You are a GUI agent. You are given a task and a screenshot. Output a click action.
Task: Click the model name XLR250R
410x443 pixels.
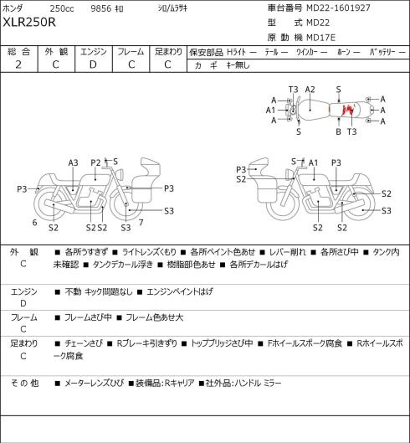(x=29, y=22)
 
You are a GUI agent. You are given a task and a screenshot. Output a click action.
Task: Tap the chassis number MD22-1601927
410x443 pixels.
(x=338, y=8)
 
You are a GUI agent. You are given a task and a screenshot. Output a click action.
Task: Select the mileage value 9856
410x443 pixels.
(x=101, y=8)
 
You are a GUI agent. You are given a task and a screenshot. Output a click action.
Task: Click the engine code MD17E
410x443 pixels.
(x=320, y=38)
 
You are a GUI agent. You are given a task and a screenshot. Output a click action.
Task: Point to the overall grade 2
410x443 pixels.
(x=18, y=64)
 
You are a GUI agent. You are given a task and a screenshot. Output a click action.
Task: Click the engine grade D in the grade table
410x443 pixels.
(x=93, y=64)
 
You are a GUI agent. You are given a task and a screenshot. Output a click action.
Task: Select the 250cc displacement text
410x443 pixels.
(x=62, y=8)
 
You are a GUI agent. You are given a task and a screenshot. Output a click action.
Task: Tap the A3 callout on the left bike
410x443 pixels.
(x=73, y=162)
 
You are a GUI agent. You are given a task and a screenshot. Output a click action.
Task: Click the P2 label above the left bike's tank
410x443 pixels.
(x=95, y=162)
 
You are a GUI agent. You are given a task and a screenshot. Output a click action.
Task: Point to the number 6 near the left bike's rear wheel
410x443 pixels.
(x=34, y=223)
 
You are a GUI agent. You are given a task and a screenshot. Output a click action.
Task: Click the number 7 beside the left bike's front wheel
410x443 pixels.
(x=141, y=223)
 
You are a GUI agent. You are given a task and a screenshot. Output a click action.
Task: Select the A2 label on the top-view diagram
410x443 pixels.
(x=310, y=90)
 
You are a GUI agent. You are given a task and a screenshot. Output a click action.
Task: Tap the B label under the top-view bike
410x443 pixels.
(x=338, y=131)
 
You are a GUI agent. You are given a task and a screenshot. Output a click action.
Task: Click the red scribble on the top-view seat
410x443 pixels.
(x=348, y=110)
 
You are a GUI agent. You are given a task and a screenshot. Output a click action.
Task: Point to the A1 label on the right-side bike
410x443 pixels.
(x=313, y=162)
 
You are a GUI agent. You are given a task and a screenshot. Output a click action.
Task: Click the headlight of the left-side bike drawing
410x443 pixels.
(x=120, y=173)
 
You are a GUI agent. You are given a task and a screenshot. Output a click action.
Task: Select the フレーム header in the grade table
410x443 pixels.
(x=131, y=52)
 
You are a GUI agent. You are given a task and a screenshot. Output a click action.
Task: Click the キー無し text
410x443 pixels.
(x=238, y=65)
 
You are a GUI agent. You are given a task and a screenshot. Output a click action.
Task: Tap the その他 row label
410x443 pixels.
(x=24, y=383)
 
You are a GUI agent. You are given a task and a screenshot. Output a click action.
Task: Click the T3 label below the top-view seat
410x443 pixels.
(x=351, y=131)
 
